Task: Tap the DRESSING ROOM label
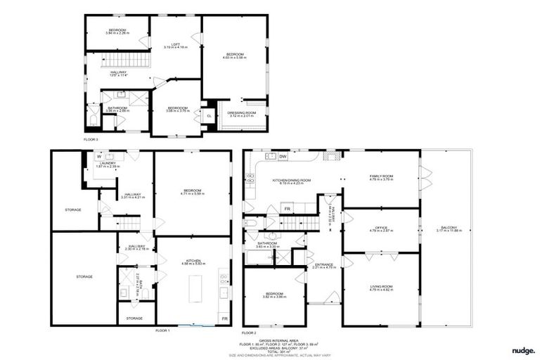[x=241, y=114]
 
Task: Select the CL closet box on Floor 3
[x=209, y=115]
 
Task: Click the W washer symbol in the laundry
[x=89, y=157]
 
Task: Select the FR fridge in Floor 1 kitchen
[x=224, y=319]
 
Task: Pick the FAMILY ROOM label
[x=382, y=177]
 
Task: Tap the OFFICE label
[x=382, y=229]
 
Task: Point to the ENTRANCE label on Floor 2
[x=324, y=265]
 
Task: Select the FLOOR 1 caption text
[x=162, y=330]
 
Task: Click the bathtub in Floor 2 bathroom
[x=261, y=257]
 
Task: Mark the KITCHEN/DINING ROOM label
[x=292, y=180]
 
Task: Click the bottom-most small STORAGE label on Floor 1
[x=134, y=319]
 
